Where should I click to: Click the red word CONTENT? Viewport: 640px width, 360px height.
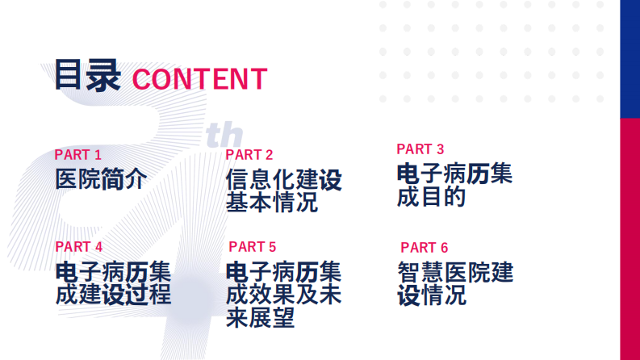click(199, 79)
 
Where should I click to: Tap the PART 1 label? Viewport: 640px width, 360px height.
click(78, 155)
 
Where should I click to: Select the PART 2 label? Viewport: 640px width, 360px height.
click(249, 155)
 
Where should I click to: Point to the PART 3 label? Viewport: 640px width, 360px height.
click(420, 149)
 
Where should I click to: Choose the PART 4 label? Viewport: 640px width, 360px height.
click(79, 247)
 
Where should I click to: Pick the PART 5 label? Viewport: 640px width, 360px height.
click(253, 247)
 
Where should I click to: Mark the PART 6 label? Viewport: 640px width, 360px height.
click(424, 248)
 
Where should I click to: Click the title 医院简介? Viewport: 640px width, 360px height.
click(101, 178)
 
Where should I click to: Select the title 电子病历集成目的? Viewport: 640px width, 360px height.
click(454, 185)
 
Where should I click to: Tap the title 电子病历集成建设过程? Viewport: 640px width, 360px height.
click(113, 282)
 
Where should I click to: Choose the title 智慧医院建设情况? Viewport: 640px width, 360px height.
click(455, 283)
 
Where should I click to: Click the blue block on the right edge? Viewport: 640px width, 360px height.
click(630, 58)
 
